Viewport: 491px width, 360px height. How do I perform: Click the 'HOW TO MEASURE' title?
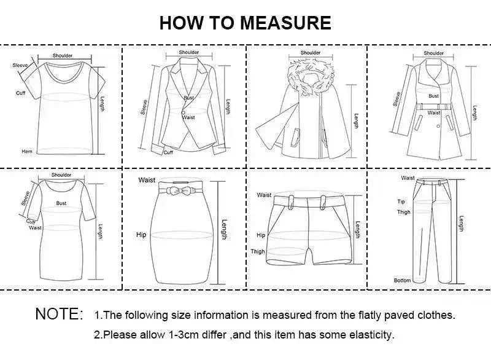coord(245,23)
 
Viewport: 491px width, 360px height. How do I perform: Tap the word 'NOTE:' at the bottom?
coord(59,314)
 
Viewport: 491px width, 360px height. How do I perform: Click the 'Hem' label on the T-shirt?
coord(27,151)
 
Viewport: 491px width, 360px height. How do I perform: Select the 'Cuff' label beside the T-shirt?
coord(20,93)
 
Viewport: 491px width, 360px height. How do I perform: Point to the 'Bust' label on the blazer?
coord(188,98)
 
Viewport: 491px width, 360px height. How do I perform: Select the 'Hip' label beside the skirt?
coord(141,235)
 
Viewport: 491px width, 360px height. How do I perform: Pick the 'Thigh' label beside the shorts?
coord(258,251)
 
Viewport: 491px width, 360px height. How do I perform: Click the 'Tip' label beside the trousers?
coord(401,202)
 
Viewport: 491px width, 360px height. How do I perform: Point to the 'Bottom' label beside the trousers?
coord(402,280)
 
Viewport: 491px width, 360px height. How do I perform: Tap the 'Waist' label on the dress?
coord(36,227)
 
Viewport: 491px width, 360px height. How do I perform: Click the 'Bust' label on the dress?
coord(61,202)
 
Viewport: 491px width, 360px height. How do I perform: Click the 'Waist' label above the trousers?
coord(408,178)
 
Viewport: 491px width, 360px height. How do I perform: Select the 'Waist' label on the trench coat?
coord(434,113)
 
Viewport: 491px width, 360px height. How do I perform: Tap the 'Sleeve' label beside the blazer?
coord(144,108)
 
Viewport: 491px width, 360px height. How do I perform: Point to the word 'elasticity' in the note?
coord(371,335)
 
